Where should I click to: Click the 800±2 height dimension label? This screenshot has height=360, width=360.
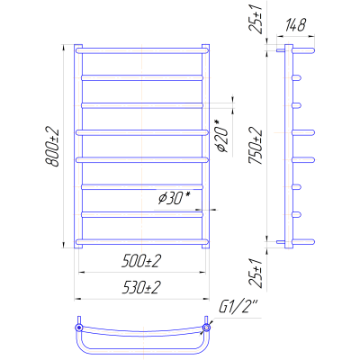point(52,148)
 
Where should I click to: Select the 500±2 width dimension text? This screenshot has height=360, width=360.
point(141,262)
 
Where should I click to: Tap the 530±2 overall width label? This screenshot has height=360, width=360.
point(141,288)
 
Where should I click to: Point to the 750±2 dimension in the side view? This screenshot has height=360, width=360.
point(256,146)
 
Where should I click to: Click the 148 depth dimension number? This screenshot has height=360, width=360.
point(295,25)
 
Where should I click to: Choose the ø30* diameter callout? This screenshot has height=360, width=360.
point(175,198)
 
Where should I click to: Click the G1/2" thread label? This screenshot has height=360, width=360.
point(238,308)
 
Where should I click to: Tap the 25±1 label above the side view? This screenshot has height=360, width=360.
point(256,18)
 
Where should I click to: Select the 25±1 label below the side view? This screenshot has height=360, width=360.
point(256,274)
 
